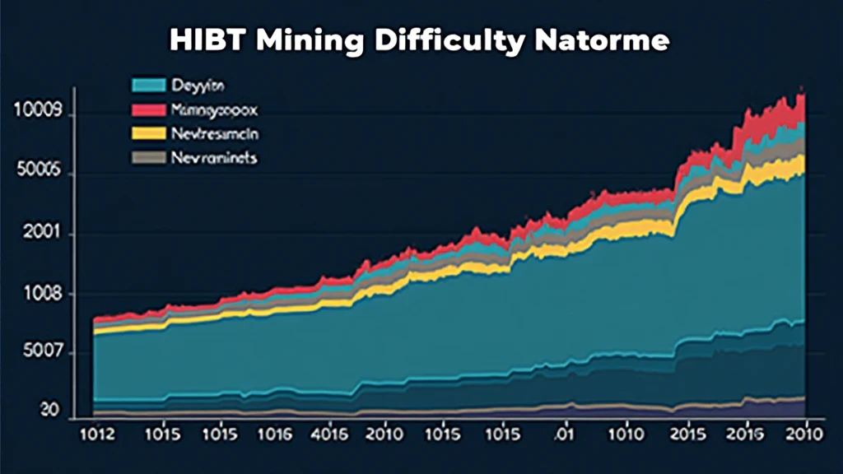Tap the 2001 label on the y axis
[x=31, y=234]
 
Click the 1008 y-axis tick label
[x=31, y=294]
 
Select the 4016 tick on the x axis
[x=331, y=434]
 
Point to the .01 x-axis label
[x=563, y=434]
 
